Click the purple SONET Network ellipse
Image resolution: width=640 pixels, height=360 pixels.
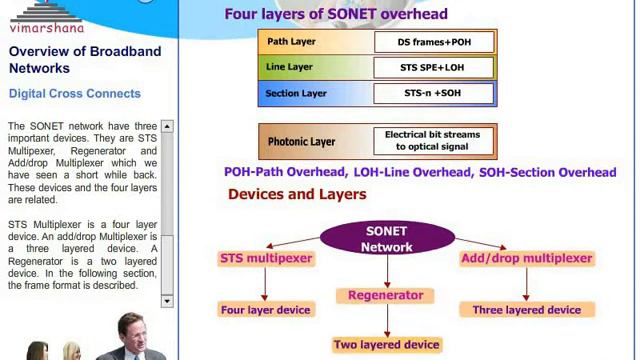pyautogui.click(x=386, y=238)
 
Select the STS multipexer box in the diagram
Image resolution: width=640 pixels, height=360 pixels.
pyautogui.click(x=266, y=258)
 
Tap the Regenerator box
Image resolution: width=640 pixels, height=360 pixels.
pyautogui.click(x=385, y=295)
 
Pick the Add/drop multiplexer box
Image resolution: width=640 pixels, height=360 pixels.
pyautogui.click(x=526, y=258)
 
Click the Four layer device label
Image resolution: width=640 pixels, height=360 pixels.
pyautogui.click(x=266, y=310)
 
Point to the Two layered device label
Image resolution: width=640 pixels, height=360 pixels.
pyautogui.click(x=386, y=344)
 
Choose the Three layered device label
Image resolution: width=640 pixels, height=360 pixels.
pyautogui.click(x=526, y=310)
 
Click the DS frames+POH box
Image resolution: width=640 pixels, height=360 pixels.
pyautogui.click(x=433, y=42)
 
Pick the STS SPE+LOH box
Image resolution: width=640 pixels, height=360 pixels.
pyautogui.click(x=433, y=68)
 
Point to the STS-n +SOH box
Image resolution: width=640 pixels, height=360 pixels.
pyautogui.click(x=433, y=94)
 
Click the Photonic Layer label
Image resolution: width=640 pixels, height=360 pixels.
pyautogui.click(x=301, y=142)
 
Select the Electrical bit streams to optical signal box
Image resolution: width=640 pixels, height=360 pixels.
pyautogui.click(x=432, y=141)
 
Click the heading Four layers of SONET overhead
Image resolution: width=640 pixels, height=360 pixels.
pyautogui.click(x=335, y=14)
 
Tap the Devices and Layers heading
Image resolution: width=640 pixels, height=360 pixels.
pyautogui.click(x=297, y=194)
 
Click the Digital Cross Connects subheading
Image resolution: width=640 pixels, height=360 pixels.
pyautogui.click(x=75, y=94)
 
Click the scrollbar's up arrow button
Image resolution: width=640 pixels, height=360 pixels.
pyautogui.click(x=167, y=126)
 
